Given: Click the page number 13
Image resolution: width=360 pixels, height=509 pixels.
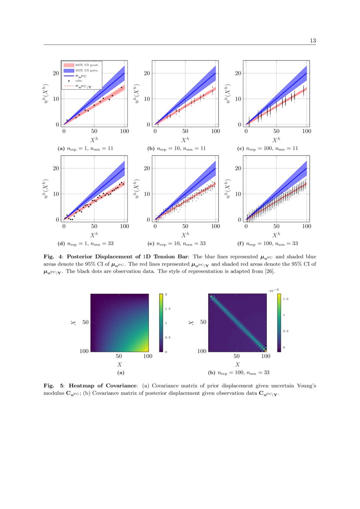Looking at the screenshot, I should [313, 40].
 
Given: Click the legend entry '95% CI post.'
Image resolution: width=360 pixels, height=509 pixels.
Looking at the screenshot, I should [87, 64].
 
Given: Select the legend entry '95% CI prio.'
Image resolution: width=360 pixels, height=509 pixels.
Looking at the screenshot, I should [87, 70].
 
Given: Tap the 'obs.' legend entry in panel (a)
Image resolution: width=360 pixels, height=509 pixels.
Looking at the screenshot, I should [78, 81].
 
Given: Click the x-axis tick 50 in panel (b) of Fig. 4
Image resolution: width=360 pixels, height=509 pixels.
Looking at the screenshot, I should [185, 131].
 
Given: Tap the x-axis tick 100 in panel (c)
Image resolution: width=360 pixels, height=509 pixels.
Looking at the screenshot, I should [306, 131].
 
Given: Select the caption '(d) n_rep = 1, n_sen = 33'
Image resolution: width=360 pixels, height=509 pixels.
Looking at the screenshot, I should [86, 243].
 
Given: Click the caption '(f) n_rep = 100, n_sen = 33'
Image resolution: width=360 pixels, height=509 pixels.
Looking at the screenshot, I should [269, 243].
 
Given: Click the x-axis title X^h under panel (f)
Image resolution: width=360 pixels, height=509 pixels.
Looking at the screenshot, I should [276, 235].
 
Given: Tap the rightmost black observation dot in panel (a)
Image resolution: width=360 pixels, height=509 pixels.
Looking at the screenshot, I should [121, 88].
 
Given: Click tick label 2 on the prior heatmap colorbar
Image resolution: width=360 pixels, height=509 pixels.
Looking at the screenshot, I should [166, 295].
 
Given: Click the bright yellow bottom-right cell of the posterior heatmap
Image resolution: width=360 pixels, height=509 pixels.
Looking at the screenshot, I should [265, 350].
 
